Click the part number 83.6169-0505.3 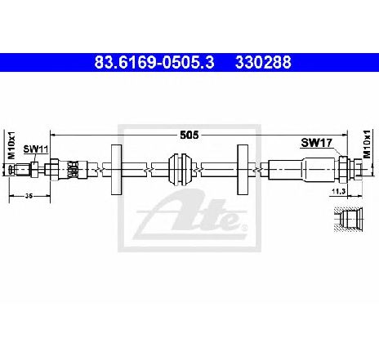tap(154, 62)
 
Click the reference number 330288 tap(263, 62)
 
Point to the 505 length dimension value tap(189, 135)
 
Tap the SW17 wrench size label tap(316, 143)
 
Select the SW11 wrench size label tap(36, 149)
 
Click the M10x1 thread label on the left tap(11, 145)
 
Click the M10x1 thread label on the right tap(367, 144)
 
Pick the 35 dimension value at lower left tap(29, 195)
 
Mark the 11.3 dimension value tap(338, 192)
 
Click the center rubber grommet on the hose tap(181, 170)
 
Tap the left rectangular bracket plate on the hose tap(116, 170)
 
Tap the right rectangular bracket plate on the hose tap(243, 170)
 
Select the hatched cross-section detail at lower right tap(349, 220)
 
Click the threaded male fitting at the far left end tap(20, 170)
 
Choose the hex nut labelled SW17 tap(343, 169)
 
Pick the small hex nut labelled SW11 tap(34, 170)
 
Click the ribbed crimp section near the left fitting tap(73, 170)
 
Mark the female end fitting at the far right tap(356, 169)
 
